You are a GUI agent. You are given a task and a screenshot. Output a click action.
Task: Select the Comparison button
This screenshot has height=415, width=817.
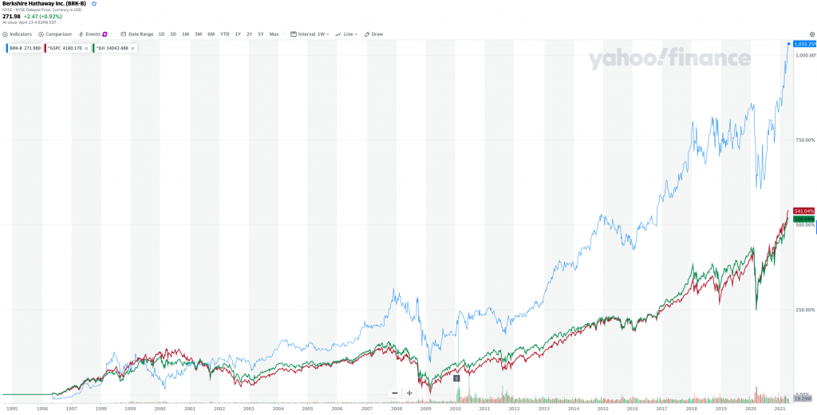click(55, 34)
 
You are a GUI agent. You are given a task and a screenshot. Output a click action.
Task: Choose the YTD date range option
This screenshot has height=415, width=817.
click(224, 34)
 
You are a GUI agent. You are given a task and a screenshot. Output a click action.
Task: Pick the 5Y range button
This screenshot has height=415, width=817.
click(260, 34)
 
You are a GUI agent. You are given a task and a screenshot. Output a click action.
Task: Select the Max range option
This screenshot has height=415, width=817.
click(274, 34)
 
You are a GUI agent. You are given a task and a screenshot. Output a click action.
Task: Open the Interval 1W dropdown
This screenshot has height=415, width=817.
click(310, 34)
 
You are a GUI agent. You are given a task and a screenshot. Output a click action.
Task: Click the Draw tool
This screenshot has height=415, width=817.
click(374, 34)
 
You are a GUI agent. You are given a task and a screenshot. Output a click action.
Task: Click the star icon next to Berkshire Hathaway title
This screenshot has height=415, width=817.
click(93, 4)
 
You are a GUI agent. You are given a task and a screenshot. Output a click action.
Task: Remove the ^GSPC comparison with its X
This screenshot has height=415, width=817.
click(86, 49)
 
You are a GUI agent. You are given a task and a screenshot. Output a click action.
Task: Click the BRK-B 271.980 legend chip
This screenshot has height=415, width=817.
click(24, 49)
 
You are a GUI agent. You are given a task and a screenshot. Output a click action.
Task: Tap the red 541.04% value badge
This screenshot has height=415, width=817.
click(802, 211)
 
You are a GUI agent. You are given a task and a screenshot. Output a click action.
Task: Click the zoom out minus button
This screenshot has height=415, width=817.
click(394, 393)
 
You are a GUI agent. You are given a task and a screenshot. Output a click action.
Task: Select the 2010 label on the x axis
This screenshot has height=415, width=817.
click(456, 408)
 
